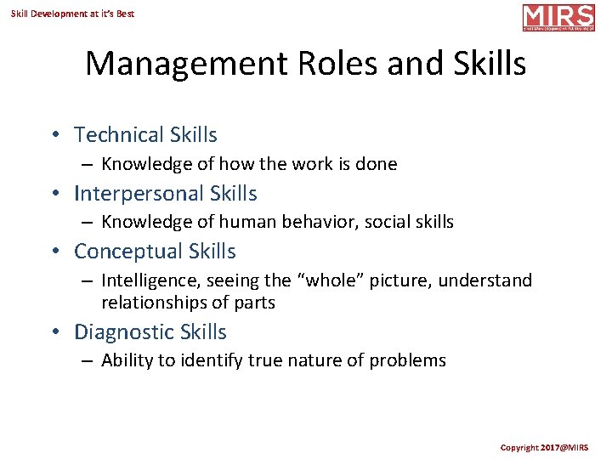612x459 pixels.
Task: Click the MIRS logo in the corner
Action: click(x=558, y=17)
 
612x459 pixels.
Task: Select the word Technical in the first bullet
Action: click(x=118, y=135)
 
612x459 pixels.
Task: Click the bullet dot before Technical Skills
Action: click(x=54, y=135)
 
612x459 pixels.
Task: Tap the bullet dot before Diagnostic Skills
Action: click(x=54, y=332)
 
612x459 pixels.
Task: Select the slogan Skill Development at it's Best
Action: click(x=72, y=14)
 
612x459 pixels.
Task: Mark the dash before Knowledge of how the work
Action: click(x=88, y=165)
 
